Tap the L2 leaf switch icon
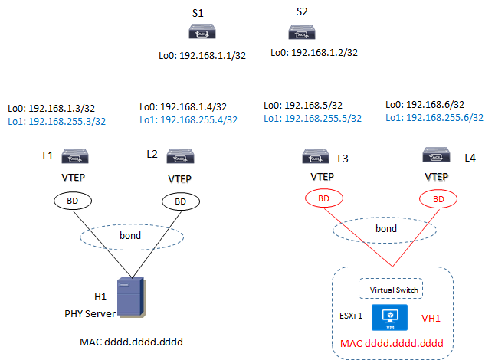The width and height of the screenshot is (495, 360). click(x=179, y=156)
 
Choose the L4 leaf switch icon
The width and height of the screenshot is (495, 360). click(x=437, y=156)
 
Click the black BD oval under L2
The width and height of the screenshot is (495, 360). click(x=179, y=201)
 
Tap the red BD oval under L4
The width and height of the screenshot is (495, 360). click(x=437, y=198)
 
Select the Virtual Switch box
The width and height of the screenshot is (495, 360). click(x=392, y=290)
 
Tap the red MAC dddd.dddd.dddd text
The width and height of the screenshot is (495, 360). click(x=391, y=343)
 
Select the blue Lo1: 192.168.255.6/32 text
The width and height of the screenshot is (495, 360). click(x=434, y=117)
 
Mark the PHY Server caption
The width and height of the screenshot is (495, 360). click(x=90, y=314)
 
